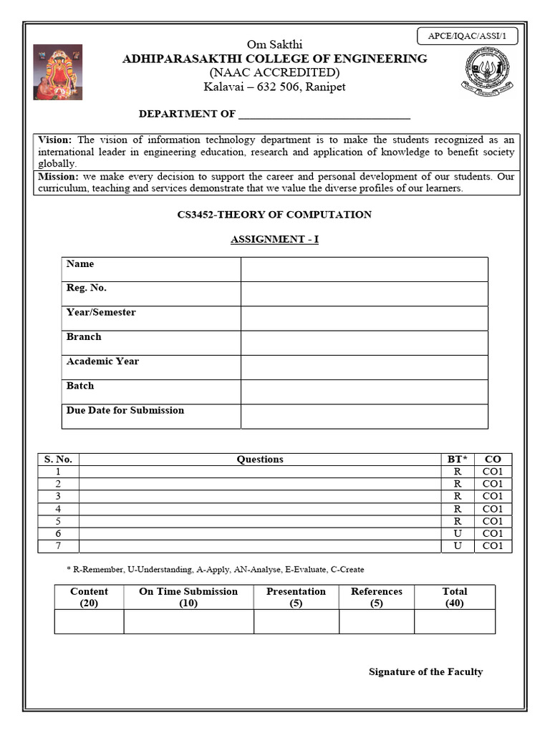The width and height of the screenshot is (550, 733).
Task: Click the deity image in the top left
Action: coord(58,72)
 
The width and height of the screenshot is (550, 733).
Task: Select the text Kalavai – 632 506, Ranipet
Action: coord(275,87)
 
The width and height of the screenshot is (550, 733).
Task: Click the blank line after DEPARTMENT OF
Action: coord(324,115)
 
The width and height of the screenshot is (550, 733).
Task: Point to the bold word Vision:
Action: coord(55,140)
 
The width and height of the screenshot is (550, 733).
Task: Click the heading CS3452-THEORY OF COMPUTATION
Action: coord(274,215)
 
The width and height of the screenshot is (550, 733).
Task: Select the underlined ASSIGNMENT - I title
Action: coord(274,239)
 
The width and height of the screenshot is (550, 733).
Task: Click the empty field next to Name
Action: coord(365,270)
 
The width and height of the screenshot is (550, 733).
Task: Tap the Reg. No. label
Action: coord(87,288)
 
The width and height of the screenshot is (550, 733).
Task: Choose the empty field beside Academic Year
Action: coord(365,367)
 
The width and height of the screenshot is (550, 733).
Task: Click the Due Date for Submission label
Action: coord(125,410)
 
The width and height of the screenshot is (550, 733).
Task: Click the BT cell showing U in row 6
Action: coord(458,533)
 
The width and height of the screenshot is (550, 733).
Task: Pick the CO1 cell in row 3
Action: coord(493,496)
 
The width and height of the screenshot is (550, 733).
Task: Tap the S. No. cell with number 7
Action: coord(58,546)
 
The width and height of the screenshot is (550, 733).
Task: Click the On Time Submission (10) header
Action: coord(188,597)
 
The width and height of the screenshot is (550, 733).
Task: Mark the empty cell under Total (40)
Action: coord(454,622)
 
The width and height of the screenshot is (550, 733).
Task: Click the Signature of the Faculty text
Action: coord(425,671)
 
